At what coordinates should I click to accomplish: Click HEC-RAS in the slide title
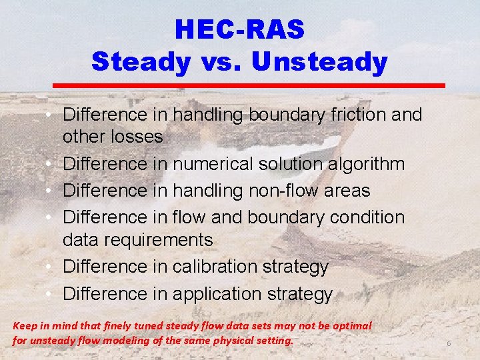pyautogui.click(x=239, y=29)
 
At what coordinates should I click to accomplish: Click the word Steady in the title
pyautogui.click(x=141, y=61)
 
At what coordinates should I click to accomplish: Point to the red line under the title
pyautogui.click(x=249, y=85)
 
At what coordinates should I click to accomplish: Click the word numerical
pyautogui.click(x=215, y=163)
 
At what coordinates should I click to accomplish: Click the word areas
pyautogui.click(x=346, y=190)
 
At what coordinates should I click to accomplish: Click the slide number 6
pyautogui.click(x=449, y=343)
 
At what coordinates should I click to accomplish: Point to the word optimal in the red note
pyautogui.click(x=353, y=326)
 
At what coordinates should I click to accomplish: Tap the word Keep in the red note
pyautogui.click(x=25, y=326)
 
